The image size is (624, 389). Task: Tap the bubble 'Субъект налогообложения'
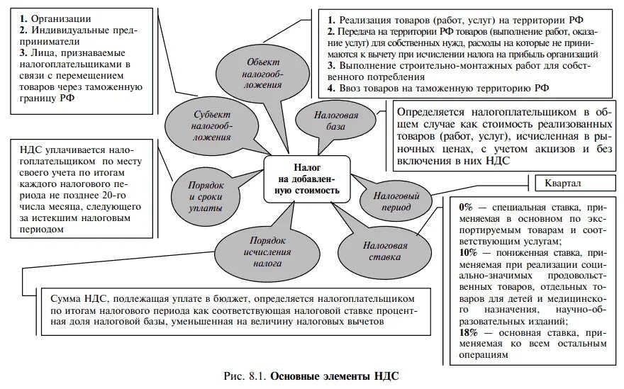click(x=212, y=125)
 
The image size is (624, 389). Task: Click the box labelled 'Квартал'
click(x=563, y=184)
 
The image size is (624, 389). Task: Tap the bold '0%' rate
click(x=466, y=208)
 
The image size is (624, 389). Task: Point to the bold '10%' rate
click(x=468, y=253)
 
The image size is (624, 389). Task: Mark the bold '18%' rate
click(x=468, y=332)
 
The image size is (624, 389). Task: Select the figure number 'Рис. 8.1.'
click(x=244, y=376)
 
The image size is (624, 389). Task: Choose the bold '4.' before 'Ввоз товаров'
click(x=331, y=89)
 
